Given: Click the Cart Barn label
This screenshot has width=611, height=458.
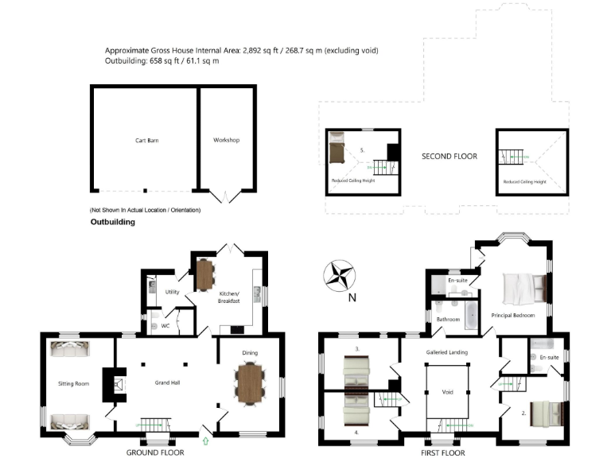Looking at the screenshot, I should (145, 141).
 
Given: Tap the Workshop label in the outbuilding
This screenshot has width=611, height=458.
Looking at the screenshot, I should (226, 141).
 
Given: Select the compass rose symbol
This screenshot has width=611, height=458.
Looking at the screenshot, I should (340, 275).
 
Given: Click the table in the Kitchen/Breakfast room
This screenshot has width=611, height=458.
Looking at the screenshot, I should (205, 274).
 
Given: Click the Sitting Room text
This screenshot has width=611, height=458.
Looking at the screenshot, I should (73, 383).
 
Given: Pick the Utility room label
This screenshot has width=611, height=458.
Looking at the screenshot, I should (172, 292).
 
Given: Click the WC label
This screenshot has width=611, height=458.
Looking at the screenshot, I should (165, 325).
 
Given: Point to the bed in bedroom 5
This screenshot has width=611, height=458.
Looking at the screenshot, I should (337, 148).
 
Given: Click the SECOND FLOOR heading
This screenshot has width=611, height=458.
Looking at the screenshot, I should (449, 157).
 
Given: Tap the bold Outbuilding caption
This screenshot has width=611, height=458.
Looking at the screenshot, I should (112, 223).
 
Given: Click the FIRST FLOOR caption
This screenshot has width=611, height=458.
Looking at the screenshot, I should (443, 452).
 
